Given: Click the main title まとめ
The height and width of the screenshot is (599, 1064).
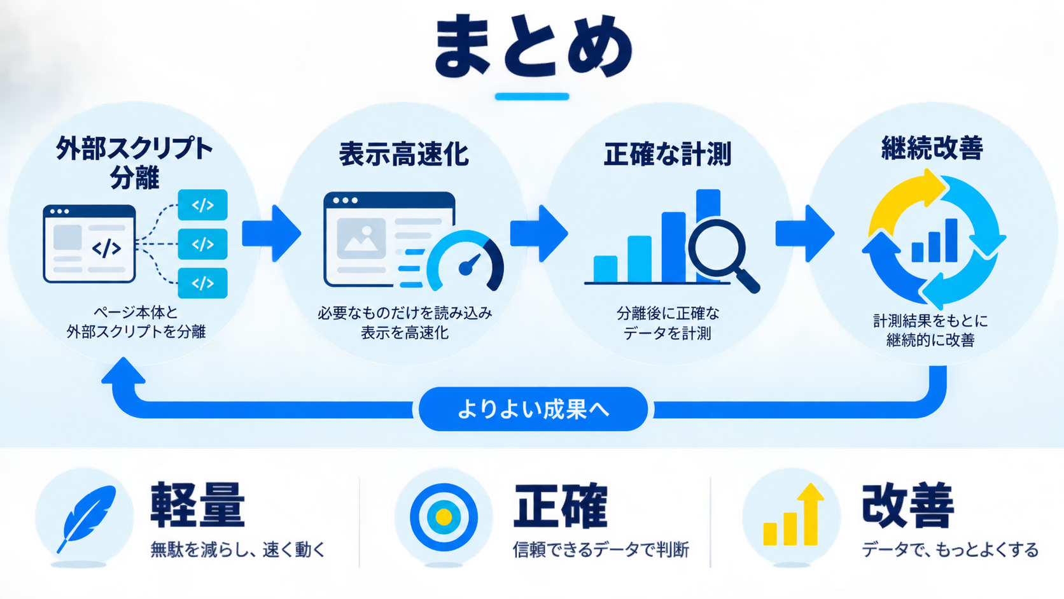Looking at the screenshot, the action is [533, 46].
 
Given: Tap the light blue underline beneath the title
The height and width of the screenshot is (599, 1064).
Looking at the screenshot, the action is [532, 96].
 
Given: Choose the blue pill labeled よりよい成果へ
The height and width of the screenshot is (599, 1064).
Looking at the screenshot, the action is [533, 409].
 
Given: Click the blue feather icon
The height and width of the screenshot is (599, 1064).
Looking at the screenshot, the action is [87, 518].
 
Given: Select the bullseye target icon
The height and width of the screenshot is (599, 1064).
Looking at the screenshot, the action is [444, 517].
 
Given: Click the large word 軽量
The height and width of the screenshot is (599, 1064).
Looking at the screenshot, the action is [198, 504].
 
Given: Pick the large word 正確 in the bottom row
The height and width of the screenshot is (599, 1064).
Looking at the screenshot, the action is [561, 505].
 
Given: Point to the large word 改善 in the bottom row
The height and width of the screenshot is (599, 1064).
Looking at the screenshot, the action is [907, 505].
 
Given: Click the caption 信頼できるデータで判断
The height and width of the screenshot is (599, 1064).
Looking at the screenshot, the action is [601, 549].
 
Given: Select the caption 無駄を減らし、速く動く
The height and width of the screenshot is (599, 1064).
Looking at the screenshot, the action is [238, 549].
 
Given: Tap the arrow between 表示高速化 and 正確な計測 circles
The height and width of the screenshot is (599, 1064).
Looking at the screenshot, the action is [539, 233].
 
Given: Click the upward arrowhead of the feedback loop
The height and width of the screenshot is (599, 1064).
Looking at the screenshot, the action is [123, 370].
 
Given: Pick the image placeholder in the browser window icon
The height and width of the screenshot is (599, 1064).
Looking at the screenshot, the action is [361, 239].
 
